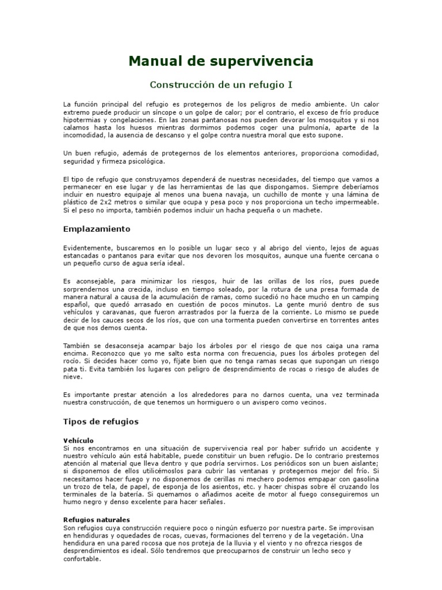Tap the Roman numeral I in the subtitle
coord(290,85)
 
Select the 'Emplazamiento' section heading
coord(97,229)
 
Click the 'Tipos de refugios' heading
coord(101,422)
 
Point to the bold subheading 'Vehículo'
coord(79,440)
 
